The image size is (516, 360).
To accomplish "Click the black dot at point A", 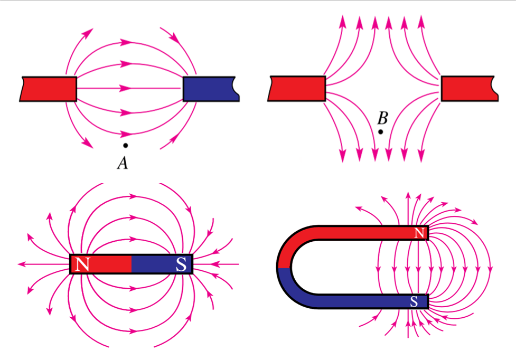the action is coord(125,145).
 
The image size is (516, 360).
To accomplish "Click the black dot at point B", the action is coord(381,132).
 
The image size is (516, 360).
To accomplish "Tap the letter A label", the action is coord(123,163).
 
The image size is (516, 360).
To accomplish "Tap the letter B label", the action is coord(383,118).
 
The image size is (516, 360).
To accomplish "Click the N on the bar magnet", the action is coord(82,264).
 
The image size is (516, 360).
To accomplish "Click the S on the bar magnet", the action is coord(181,264).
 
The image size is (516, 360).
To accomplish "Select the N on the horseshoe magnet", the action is coord(419,233).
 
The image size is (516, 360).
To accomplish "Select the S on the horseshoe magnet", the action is coord(414,301).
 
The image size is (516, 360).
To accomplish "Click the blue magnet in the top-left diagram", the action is coord(211,89).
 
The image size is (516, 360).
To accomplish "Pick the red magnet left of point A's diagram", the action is coord(49,89).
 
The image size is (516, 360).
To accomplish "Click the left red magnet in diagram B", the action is coord(297,88).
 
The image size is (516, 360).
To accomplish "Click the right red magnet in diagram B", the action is coord(470,88).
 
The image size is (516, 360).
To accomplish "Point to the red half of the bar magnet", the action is coord(101,264).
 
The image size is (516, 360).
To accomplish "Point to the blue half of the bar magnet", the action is coord(162,264).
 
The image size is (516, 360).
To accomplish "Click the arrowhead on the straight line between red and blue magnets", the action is coord(125,88).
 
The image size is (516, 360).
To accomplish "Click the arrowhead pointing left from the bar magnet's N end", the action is coord(22,264).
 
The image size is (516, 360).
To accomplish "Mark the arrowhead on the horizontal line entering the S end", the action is coord(214,264).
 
